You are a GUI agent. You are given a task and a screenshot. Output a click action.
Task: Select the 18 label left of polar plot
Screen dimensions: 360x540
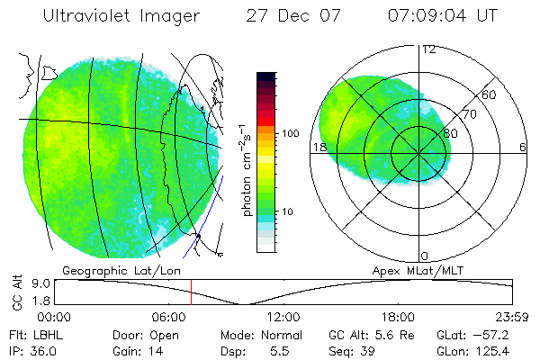point(319,147)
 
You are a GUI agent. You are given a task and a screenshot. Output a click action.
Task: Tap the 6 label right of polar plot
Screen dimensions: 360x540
point(523,147)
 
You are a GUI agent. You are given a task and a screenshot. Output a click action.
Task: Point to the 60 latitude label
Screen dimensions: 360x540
point(489,94)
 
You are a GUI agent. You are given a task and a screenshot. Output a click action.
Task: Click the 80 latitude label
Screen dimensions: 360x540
point(451,133)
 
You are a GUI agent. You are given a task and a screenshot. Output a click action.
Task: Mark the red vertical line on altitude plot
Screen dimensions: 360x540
point(191,292)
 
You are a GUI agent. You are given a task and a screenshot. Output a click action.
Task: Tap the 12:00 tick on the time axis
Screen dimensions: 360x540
point(284,317)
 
